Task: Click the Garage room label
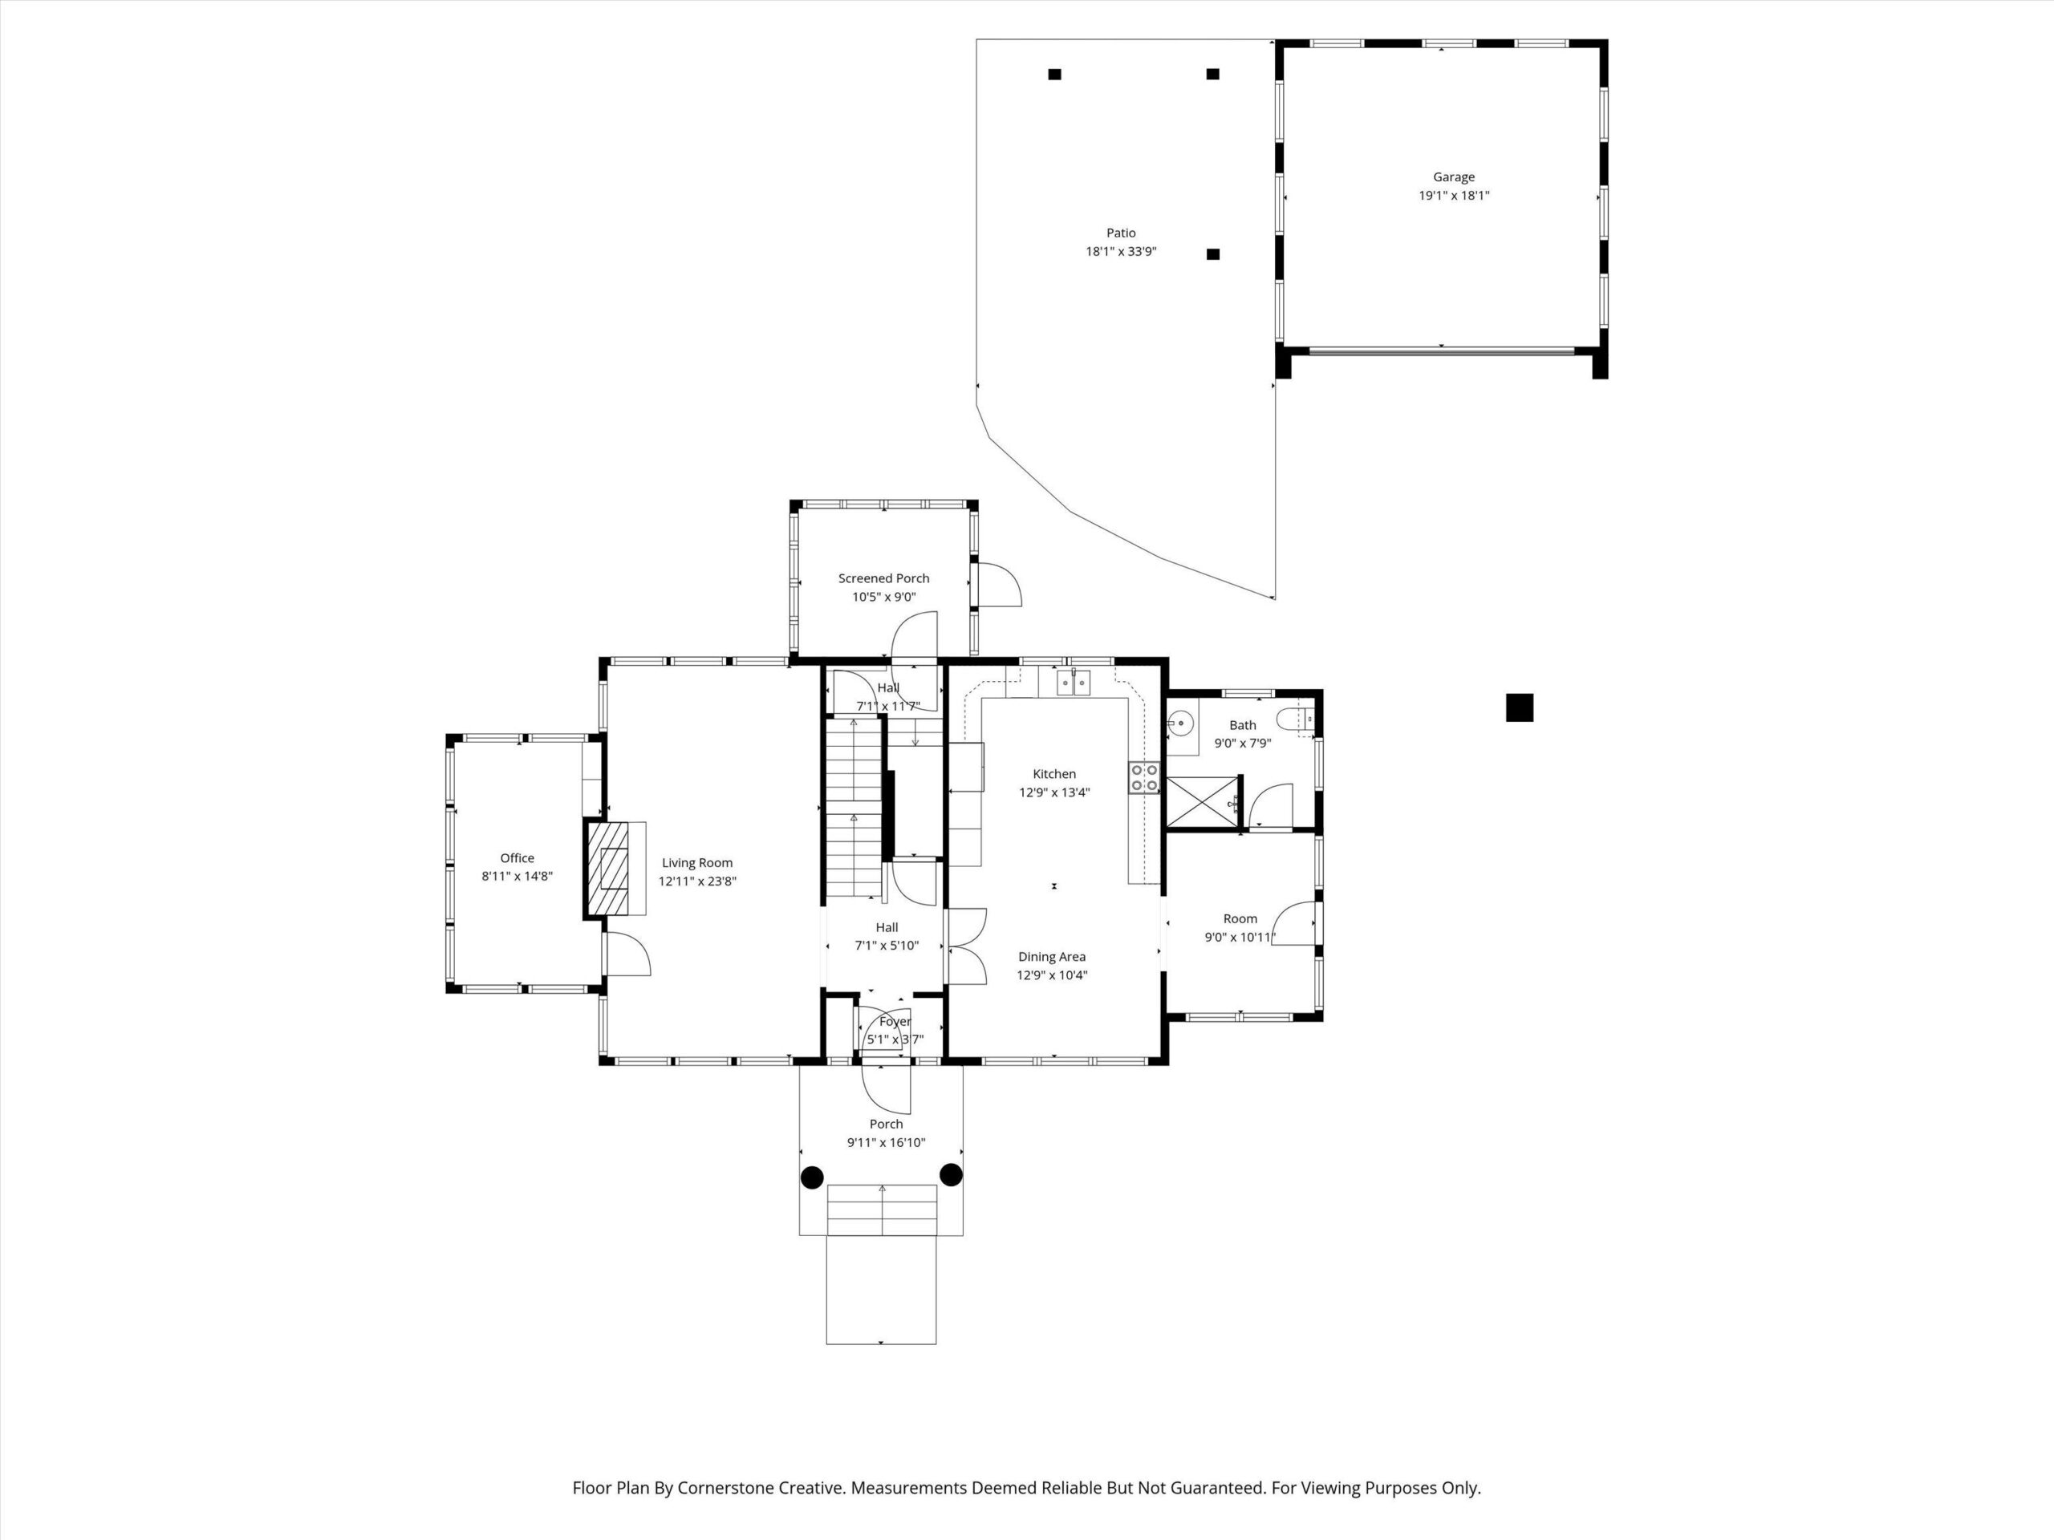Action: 1453,176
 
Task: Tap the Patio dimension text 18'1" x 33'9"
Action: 1121,252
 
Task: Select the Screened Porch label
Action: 883,578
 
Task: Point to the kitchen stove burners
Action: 1144,778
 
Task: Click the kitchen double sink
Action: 1074,683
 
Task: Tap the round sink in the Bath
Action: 1180,721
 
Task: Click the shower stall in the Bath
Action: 1203,802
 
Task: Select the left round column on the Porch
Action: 812,1177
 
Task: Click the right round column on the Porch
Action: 951,1175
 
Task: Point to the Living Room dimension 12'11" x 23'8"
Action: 697,881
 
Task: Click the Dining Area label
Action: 1051,957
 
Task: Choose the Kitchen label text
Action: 1054,774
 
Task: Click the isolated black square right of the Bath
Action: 1519,708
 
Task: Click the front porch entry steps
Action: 881,1210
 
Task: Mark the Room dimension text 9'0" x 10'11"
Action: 1240,938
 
